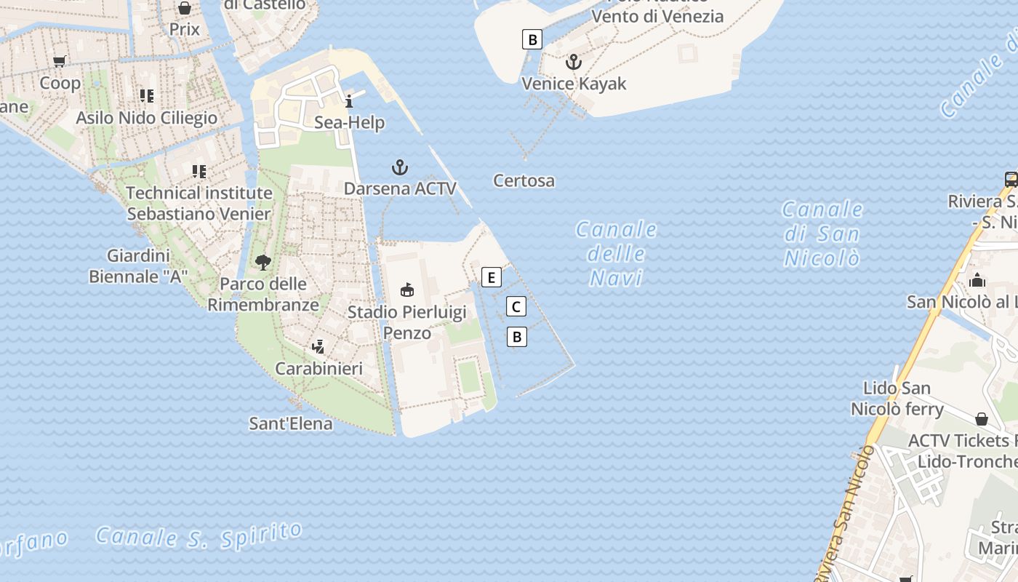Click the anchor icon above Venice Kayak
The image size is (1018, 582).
tap(574, 62)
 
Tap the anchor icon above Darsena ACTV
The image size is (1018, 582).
tap(400, 168)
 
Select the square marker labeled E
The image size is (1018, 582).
tap(492, 277)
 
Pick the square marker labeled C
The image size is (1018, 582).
tap(516, 307)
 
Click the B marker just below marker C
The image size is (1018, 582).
tap(516, 337)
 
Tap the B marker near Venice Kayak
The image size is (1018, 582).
tap(532, 39)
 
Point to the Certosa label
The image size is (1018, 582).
tap(524, 180)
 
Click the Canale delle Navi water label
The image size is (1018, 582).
tap(617, 253)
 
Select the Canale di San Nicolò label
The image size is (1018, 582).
tap(822, 234)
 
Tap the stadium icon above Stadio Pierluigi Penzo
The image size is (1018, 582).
tap(407, 290)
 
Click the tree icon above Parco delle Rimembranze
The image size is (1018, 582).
tap(263, 263)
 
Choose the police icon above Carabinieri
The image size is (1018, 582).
tap(318, 346)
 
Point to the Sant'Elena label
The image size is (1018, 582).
tap(291, 423)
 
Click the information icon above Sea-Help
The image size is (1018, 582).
tap(349, 101)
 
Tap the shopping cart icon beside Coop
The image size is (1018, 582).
tap(60, 62)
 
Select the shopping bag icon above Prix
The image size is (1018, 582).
tap(185, 8)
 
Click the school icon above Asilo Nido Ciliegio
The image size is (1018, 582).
tap(147, 96)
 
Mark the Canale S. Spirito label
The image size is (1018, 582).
tap(199, 535)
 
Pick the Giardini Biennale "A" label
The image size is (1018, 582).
tap(138, 266)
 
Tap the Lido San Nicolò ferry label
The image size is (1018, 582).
tap(897, 399)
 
